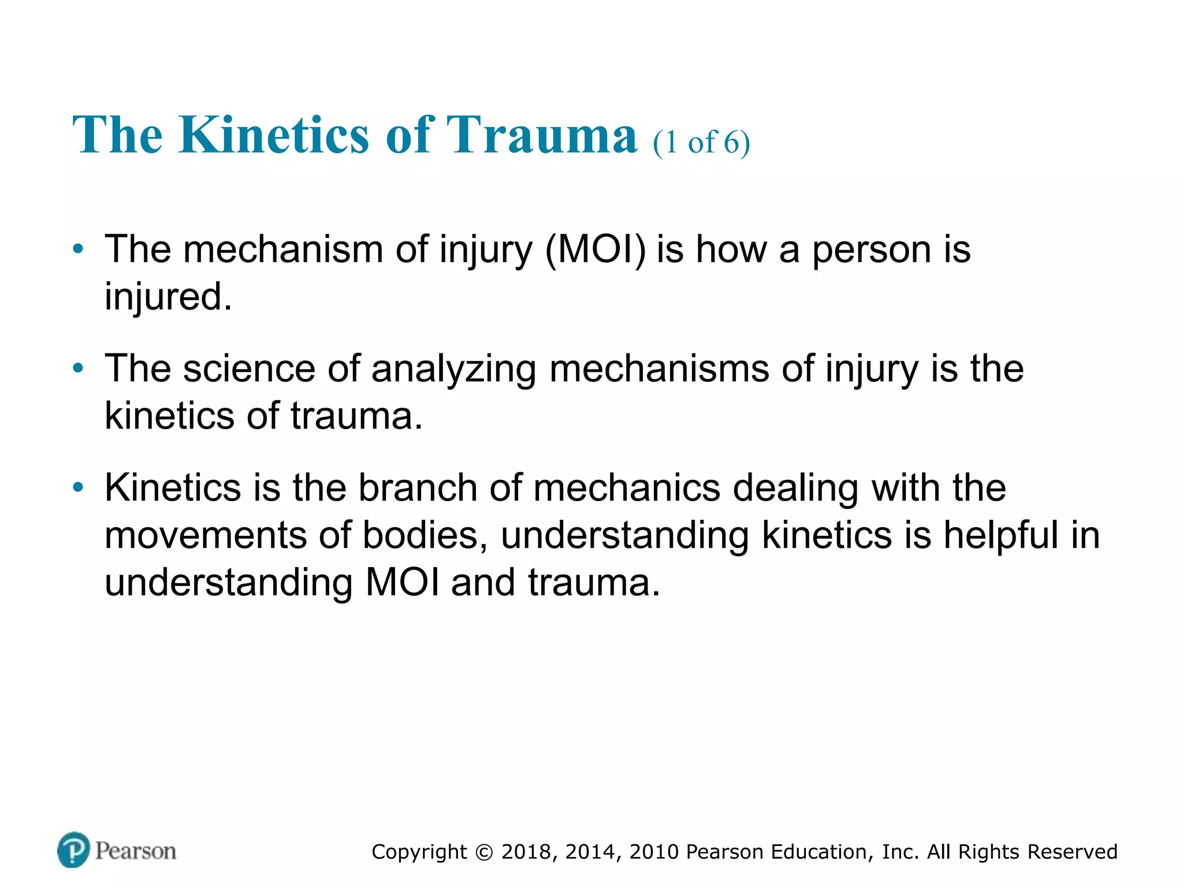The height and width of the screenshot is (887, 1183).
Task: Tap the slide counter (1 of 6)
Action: (701, 142)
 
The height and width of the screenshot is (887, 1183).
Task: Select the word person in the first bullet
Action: (872, 250)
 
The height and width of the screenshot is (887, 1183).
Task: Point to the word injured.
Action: (168, 297)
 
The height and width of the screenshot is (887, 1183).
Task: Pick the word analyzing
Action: (453, 370)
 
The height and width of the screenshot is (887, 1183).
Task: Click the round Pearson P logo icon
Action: (74, 849)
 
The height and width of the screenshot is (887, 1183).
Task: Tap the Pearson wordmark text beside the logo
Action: (136, 851)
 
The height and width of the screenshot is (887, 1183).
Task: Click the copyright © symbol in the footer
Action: (484, 852)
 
